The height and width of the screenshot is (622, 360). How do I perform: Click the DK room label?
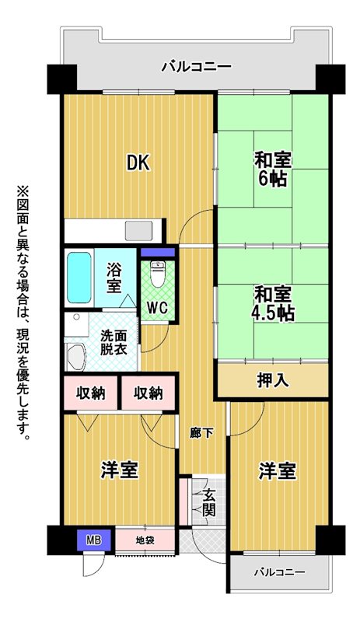point(138,162)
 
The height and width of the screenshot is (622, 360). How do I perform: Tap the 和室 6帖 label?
point(273,169)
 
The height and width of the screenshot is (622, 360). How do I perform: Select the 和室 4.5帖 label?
point(273,304)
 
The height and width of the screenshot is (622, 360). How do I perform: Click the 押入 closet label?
point(272,380)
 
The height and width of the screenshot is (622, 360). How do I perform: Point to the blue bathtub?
point(79,278)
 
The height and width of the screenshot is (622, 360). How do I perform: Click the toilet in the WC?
point(158,274)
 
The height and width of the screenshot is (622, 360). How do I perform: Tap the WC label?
point(158,307)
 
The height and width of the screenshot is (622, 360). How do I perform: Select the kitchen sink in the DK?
point(139,230)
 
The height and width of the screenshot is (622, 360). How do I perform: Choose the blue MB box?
point(93,540)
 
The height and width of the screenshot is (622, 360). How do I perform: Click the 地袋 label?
point(145,540)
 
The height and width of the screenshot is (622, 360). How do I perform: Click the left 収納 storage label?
point(91,393)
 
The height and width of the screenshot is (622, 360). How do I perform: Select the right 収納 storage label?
point(148,393)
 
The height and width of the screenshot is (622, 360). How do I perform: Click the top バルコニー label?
point(196,66)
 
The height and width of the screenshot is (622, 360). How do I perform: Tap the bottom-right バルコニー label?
point(280,572)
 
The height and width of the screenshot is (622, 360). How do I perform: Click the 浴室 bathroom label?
point(114,278)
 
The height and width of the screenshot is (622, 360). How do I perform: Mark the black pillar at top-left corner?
point(62,79)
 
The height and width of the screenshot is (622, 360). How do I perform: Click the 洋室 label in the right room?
point(278,471)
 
